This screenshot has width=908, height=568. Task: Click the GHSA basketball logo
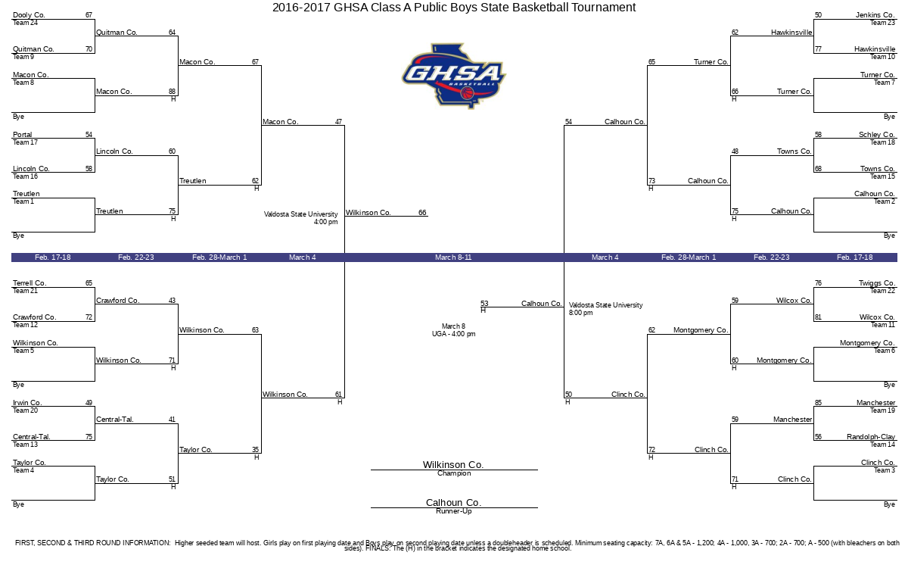pos(454,76)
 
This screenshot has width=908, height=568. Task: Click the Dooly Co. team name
pos(29,15)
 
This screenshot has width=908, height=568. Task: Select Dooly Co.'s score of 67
pos(89,15)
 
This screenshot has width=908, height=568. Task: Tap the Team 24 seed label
pos(25,23)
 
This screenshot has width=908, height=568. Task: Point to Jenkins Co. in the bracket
pos(875,15)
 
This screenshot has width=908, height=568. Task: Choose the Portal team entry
pos(22,134)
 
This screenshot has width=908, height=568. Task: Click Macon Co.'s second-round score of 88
pos(173,92)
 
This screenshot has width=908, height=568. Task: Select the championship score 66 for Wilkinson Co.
pos(422,213)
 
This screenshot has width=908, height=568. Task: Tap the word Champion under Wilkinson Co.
pos(454,473)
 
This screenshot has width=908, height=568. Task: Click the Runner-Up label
pos(454,511)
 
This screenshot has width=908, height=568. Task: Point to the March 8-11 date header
pos(453,257)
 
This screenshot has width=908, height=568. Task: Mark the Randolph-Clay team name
pos(871,437)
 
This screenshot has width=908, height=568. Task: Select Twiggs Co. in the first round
pos(877,283)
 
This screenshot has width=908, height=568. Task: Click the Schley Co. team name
pos(877,134)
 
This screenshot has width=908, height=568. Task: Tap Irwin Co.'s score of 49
pos(89,403)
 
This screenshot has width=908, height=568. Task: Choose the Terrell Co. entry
pos(30,283)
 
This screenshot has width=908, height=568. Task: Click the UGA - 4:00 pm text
pos(453,334)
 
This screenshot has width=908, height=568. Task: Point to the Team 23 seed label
pos(882,23)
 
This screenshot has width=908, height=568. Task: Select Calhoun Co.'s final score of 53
pos(484,304)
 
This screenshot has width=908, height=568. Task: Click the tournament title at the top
pos(454,8)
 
